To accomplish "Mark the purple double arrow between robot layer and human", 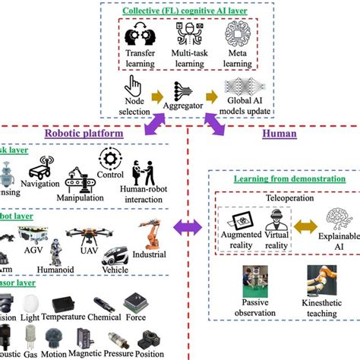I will [x=186, y=226].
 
